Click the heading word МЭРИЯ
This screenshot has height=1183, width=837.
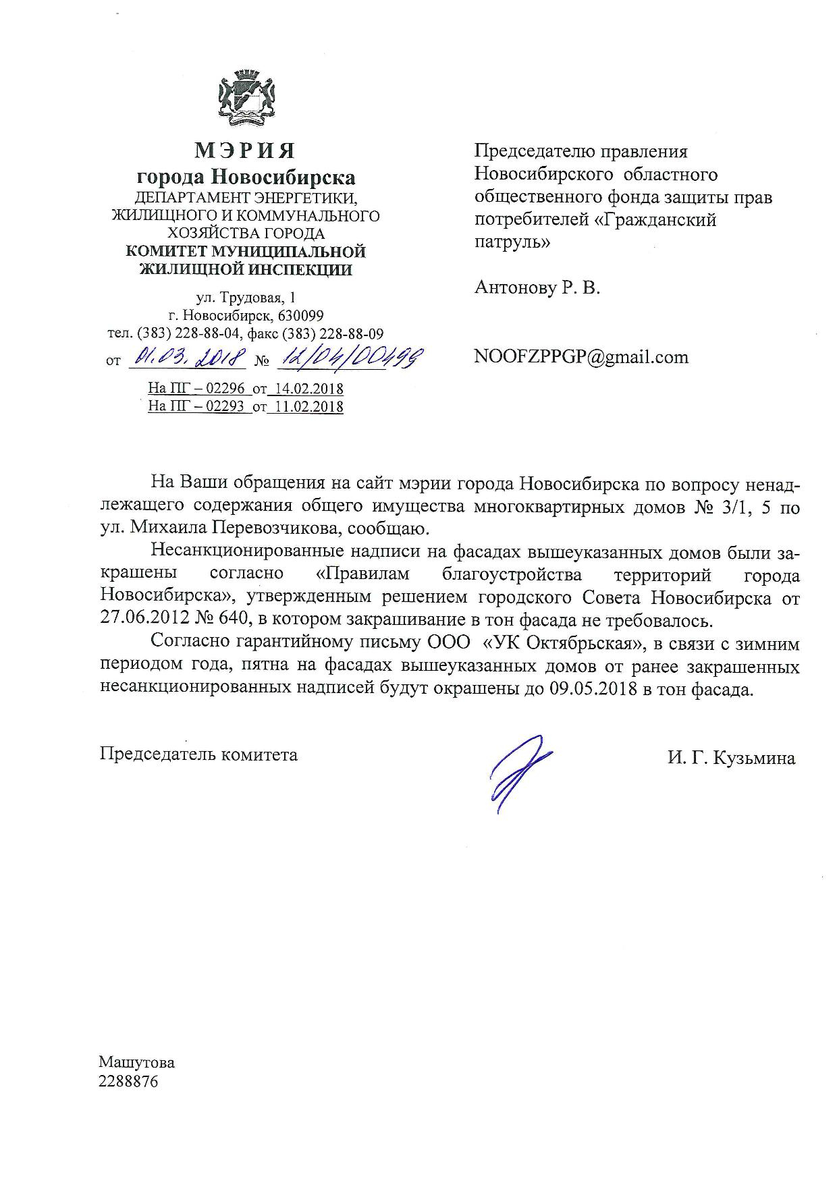(x=245, y=149)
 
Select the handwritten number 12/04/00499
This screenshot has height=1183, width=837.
(x=349, y=356)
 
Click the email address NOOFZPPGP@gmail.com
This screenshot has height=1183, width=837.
(x=581, y=357)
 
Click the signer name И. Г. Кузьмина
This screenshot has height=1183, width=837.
(x=731, y=758)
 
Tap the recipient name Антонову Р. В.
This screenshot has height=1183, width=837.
(x=537, y=288)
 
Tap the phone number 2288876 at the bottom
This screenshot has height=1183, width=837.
(x=128, y=1081)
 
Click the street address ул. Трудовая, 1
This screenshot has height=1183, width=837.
(x=245, y=298)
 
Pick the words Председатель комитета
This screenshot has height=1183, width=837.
(x=198, y=754)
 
